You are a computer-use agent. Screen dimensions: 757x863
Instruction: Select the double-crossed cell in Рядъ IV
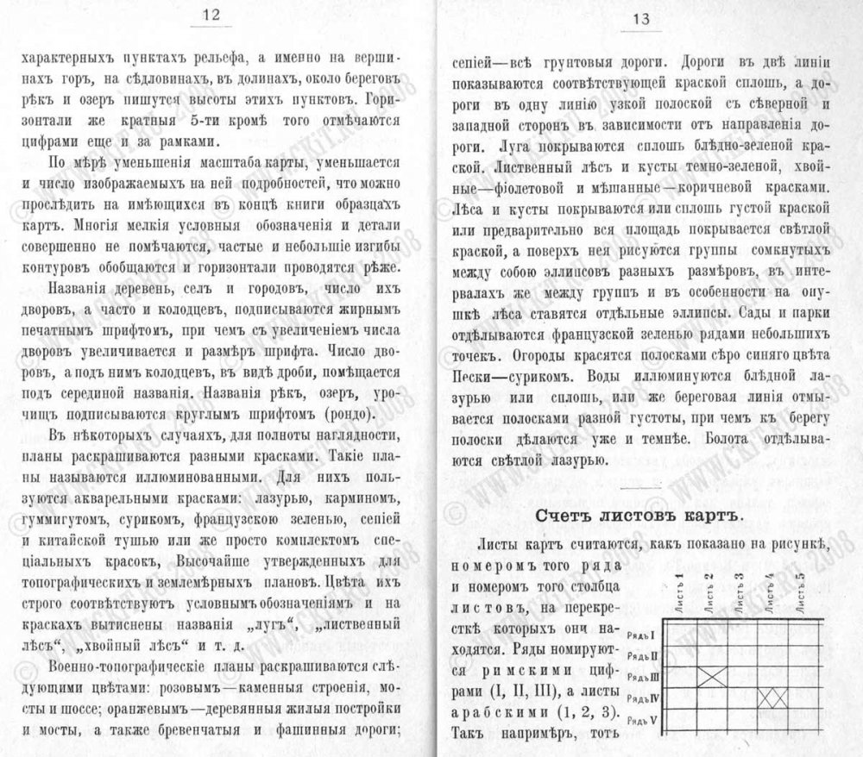[x=774, y=697]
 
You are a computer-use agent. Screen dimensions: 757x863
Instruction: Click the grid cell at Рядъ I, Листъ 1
[x=678, y=633]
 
